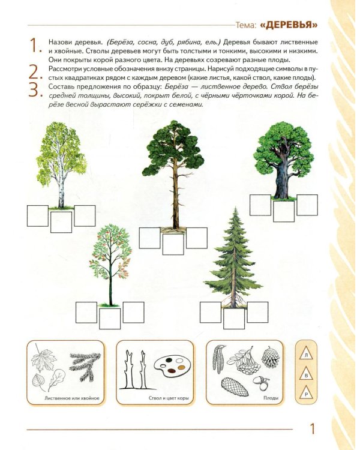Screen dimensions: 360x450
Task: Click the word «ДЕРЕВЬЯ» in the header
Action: pyautogui.click(x=289, y=25)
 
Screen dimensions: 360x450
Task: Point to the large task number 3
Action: pyautogui.click(x=35, y=90)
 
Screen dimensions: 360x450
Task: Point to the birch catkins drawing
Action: pyautogui.click(x=218, y=359)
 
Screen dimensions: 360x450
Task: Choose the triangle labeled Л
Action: pyautogui.click(x=307, y=355)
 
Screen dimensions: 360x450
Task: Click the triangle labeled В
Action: pyautogui.click(x=307, y=375)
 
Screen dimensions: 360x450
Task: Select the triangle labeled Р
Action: pyautogui.click(x=307, y=394)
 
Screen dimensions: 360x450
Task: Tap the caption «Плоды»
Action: pyautogui.click(x=271, y=398)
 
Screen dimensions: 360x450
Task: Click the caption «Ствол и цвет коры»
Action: pyautogui.click(x=169, y=398)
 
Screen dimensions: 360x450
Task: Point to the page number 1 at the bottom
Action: pyautogui.click(x=313, y=429)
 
